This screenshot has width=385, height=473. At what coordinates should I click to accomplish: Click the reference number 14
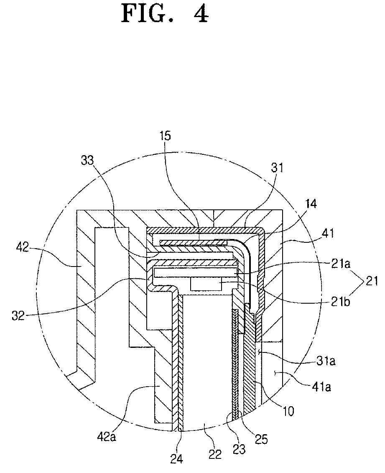[311, 204]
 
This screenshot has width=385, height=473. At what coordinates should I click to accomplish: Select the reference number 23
[240, 450]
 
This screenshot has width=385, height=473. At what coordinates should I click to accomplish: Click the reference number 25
[263, 439]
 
